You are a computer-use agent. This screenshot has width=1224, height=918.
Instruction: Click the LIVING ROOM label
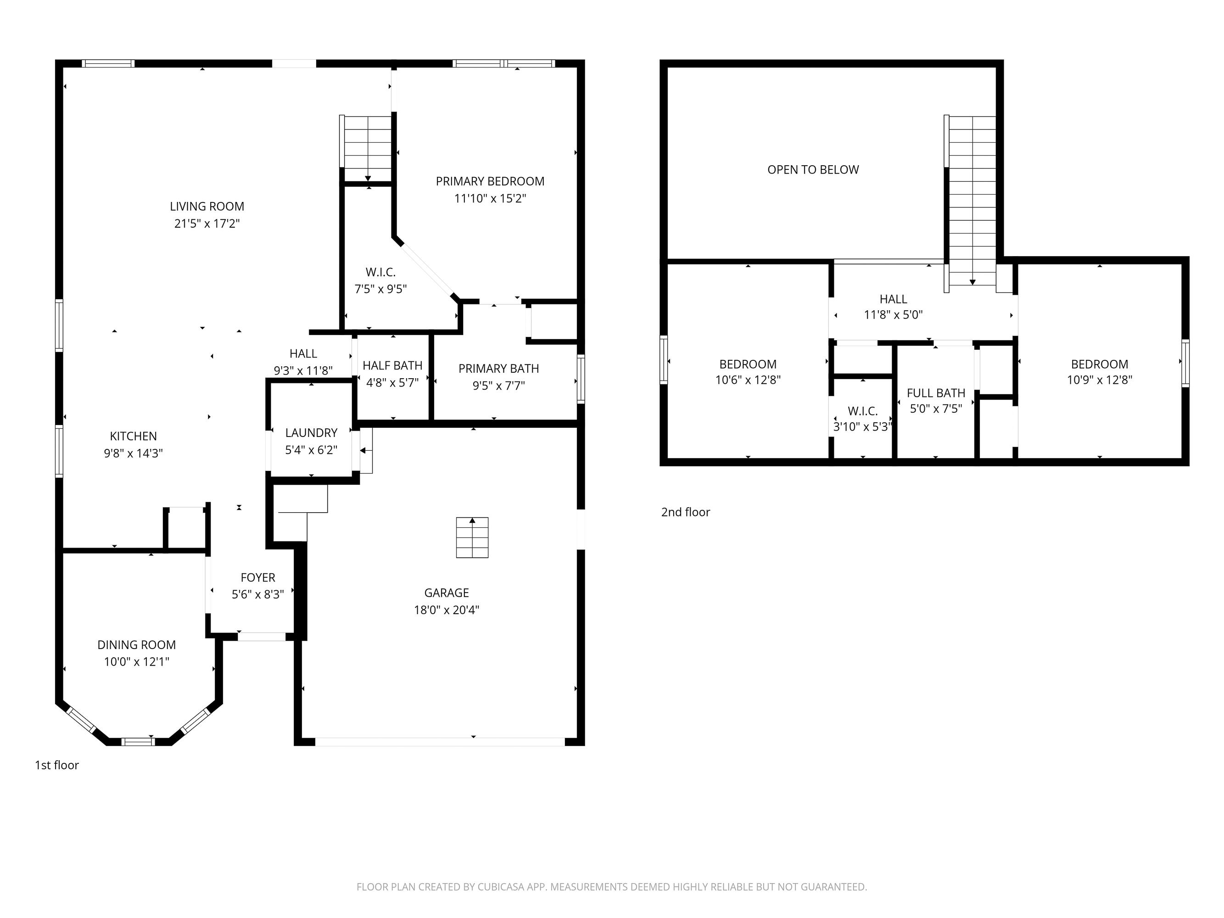click(207, 207)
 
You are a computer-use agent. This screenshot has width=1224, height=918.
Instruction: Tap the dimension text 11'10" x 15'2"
click(490, 198)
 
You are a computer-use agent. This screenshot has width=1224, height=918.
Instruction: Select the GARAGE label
click(446, 593)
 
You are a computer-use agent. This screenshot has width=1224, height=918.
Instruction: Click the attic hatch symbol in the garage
click(472, 537)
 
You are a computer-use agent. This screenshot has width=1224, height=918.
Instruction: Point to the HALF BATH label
click(392, 365)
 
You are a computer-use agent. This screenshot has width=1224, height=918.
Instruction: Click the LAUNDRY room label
click(311, 433)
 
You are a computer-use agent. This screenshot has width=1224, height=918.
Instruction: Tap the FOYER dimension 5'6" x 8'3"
click(258, 594)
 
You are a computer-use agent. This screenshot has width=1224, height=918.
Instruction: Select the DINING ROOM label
click(137, 644)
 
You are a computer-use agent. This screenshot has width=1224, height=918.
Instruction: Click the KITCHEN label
click(134, 436)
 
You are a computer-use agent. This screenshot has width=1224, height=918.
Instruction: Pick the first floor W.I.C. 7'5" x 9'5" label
click(381, 280)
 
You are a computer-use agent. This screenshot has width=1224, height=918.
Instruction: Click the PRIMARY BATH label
click(498, 369)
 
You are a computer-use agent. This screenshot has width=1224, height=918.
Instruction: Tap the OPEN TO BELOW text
click(813, 170)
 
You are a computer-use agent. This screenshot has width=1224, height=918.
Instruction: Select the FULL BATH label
click(936, 393)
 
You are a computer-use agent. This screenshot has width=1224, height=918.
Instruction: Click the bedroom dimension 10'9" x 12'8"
click(1100, 380)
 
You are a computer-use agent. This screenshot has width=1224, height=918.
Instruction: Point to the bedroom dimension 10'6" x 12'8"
click(748, 380)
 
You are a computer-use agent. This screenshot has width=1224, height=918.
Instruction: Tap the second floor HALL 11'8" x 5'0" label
click(893, 307)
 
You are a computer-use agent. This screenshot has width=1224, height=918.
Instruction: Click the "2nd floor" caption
click(685, 512)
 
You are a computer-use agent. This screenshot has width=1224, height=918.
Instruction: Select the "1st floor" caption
click(57, 765)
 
